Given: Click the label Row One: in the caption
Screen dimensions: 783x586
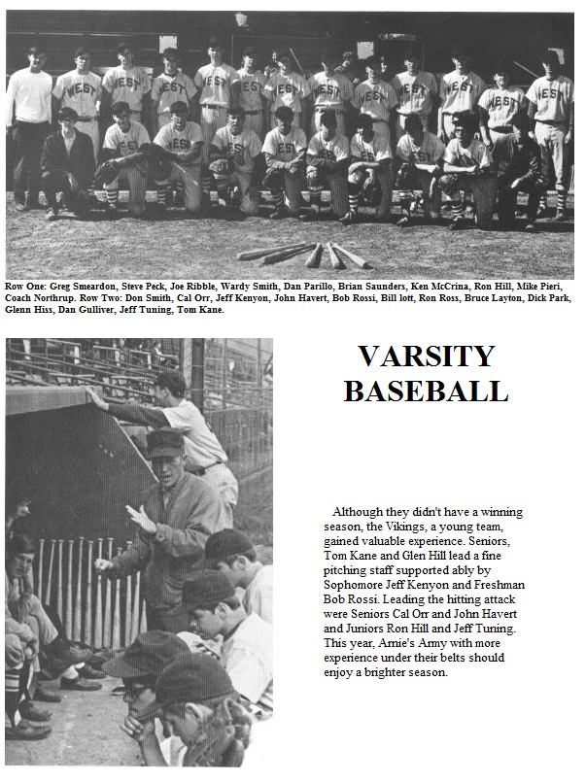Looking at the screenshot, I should click(23, 287).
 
